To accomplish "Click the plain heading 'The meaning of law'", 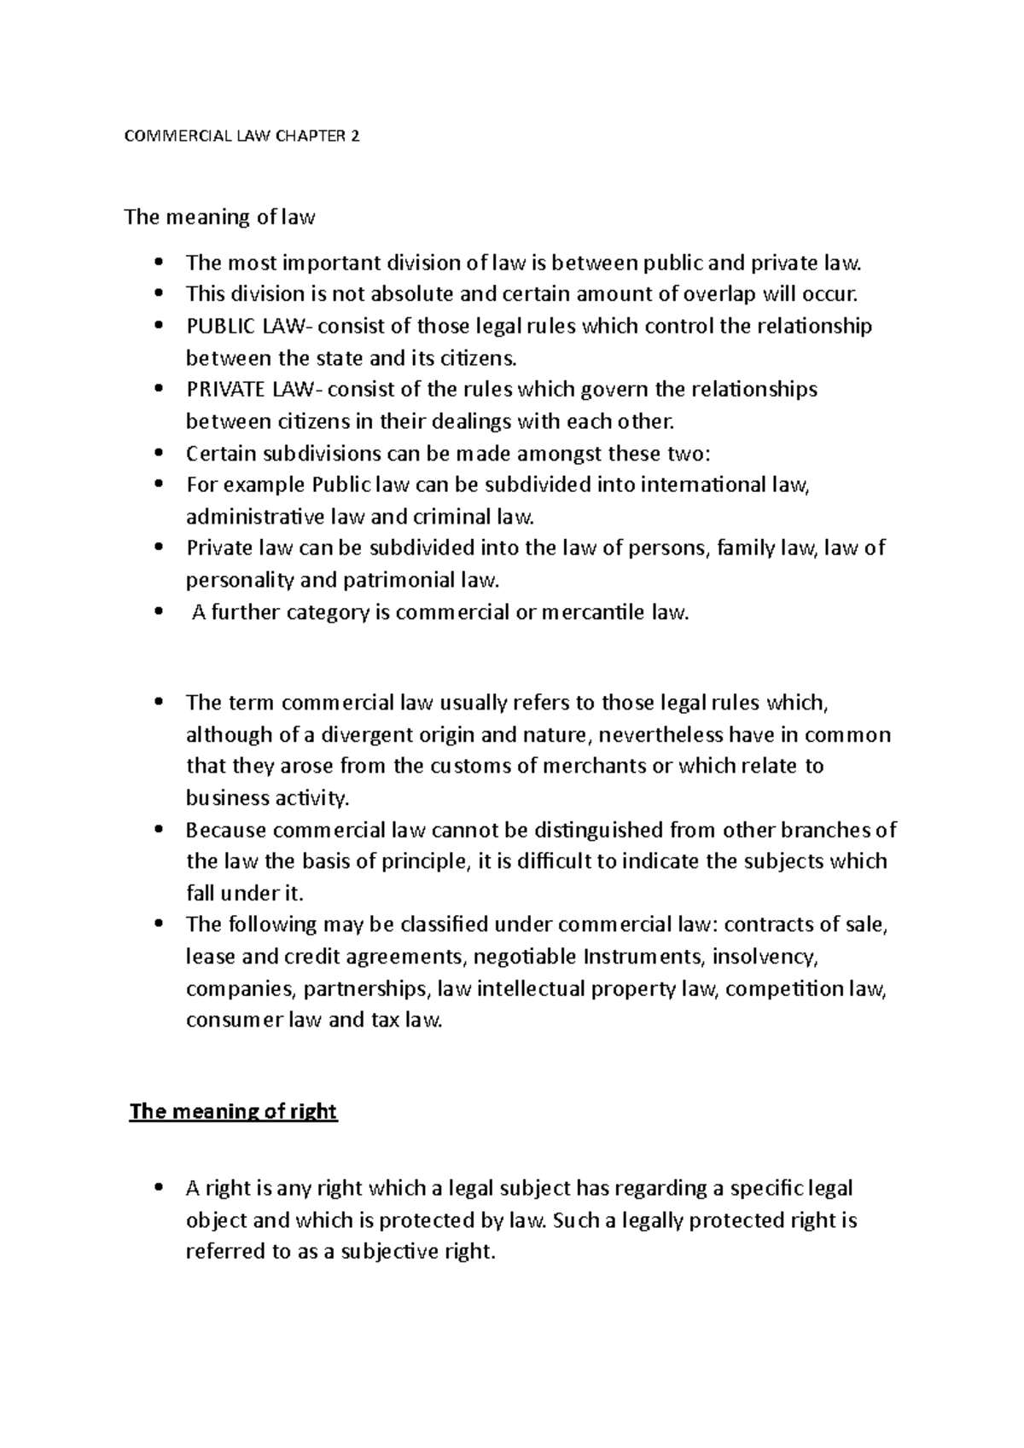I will pyautogui.click(x=220, y=217).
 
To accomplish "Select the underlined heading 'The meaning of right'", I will pyautogui.click(x=233, y=1112).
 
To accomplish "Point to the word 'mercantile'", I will pyautogui.click(x=594, y=612).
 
